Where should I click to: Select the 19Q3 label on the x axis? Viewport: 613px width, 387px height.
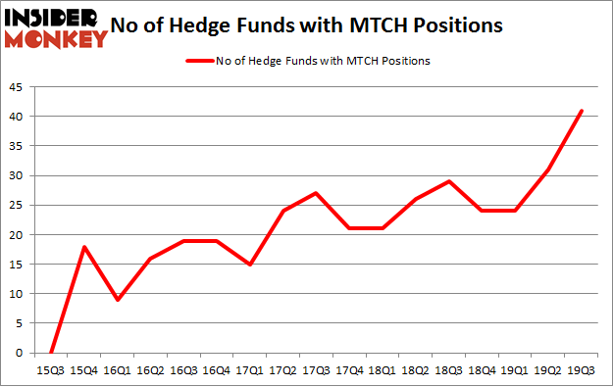point(583,370)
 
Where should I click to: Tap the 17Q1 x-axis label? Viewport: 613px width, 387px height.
point(249,370)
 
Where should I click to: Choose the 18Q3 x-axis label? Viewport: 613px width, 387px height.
point(449,370)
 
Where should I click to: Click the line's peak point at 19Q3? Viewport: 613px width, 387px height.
point(582,111)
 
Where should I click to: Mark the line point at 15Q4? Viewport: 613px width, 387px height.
point(83,247)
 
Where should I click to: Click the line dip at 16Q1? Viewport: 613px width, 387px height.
point(117,300)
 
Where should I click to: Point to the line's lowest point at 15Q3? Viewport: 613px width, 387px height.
point(50,353)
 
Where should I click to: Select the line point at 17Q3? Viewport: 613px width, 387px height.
point(316,193)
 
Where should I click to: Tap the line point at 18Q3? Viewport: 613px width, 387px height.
point(449,181)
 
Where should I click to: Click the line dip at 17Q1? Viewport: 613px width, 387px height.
point(249,265)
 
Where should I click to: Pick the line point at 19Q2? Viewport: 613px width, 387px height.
point(548,169)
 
